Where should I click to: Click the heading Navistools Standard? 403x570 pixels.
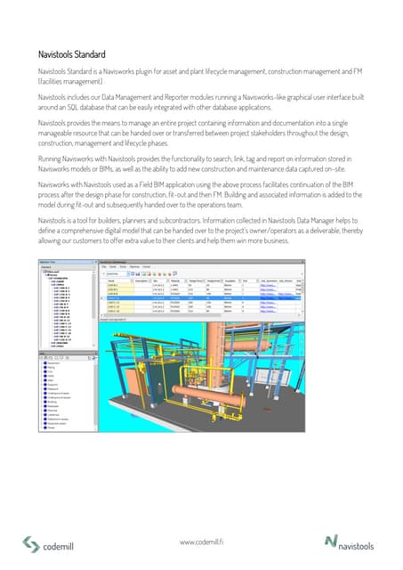[77, 53]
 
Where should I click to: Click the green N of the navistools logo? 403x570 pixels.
[332, 541]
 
